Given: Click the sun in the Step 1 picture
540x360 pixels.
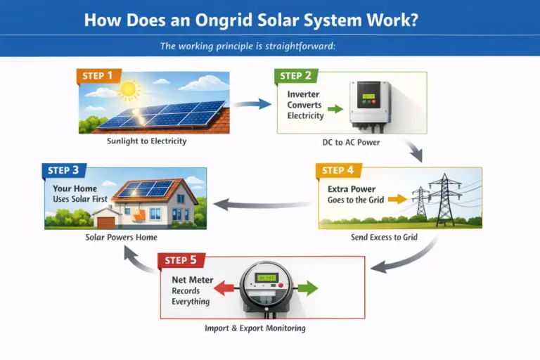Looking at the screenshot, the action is tap(129, 89).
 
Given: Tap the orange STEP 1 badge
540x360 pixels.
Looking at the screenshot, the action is tap(98, 76).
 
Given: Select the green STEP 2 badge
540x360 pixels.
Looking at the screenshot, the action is tap(296, 76).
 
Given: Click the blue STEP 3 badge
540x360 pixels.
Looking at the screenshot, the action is tap(64, 171).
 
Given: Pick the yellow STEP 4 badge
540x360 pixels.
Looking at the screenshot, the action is tap(338, 171).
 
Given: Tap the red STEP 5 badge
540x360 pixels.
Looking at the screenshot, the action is tap(181, 260).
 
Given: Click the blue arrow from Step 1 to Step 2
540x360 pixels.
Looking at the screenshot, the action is tap(252, 103).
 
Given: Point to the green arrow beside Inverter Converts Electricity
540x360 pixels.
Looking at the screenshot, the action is tap(335, 109).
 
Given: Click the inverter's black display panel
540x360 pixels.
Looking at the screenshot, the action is tap(368, 95).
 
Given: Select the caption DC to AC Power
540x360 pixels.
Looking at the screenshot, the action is tap(351, 142).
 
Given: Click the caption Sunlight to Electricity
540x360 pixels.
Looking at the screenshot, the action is tap(147, 141).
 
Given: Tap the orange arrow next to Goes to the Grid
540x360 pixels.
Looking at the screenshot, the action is tap(398, 199).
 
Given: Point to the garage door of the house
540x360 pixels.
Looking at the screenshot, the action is tap(106, 223).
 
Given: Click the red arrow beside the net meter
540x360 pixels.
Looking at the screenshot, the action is tap(224, 288).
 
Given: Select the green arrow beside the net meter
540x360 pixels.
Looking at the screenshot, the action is tap(307, 288).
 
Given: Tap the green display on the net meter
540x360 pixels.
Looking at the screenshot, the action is tap(266, 278).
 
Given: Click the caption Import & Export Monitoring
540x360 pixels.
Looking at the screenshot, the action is tap(255, 328).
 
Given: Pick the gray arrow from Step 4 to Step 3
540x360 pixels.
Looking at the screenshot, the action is tap(262, 205).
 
